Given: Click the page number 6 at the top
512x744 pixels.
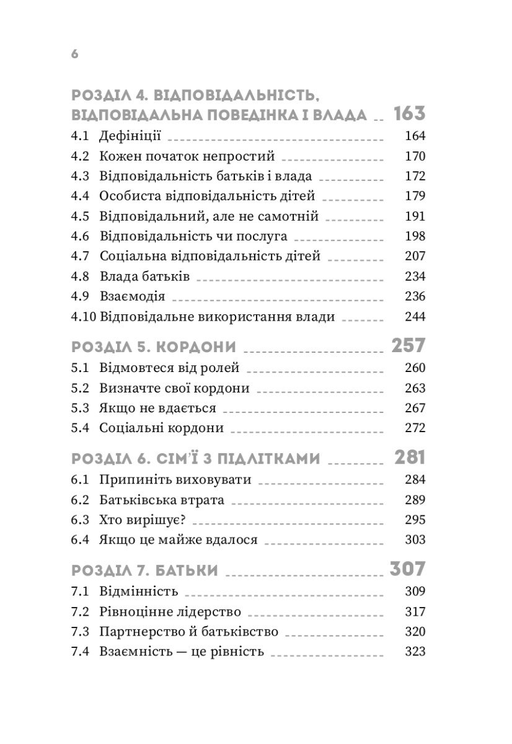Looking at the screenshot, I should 74,54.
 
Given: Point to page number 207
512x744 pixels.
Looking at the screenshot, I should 414,256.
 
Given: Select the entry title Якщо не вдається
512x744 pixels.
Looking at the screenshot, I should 157,408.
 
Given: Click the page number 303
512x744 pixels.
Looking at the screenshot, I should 414,540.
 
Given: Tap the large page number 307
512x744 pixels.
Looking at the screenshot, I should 407,569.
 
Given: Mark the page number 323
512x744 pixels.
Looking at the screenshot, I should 414,652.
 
